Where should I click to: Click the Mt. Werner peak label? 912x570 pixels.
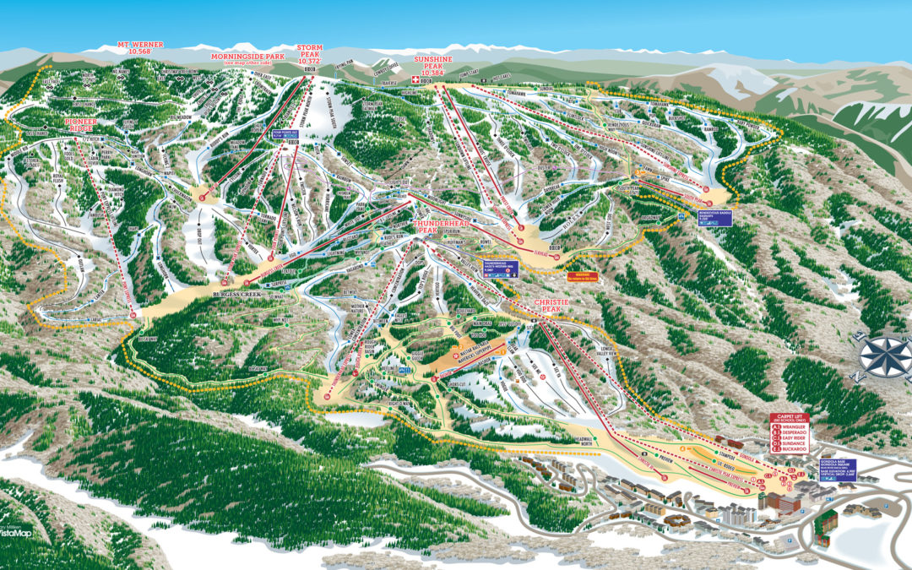pyautogui.click(x=140, y=46)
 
